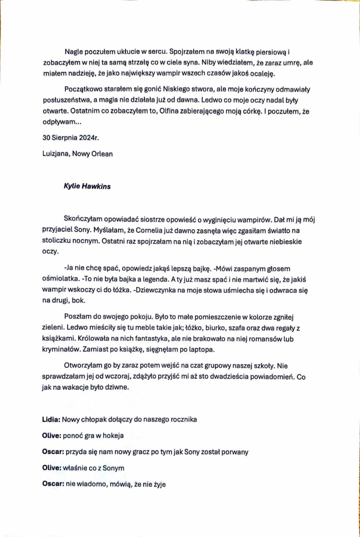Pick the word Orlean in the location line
pos(103,153)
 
